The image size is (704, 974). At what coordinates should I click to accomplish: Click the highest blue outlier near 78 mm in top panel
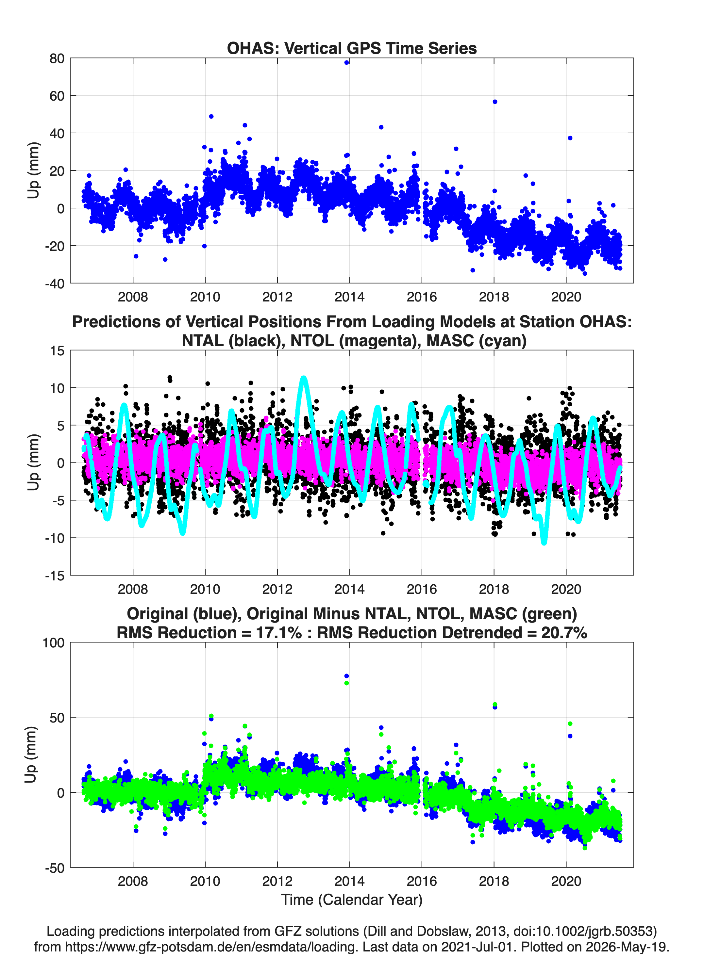point(346,62)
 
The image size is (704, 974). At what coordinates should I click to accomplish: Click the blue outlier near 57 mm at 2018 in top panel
point(495,102)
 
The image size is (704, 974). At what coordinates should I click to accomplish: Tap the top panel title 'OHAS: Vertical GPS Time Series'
point(352,48)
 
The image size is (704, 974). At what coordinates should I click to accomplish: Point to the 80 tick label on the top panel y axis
point(57,58)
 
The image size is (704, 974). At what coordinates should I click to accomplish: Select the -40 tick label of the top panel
point(55,284)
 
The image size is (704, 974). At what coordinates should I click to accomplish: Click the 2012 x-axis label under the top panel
point(277,297)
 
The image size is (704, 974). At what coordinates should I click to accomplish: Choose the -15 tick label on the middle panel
point(55,576)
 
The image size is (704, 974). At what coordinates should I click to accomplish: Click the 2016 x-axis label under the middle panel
point(422,589)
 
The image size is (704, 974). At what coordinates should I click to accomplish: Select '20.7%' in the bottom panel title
point(564,633)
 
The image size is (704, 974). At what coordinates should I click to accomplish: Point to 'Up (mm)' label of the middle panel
point(33,463)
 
